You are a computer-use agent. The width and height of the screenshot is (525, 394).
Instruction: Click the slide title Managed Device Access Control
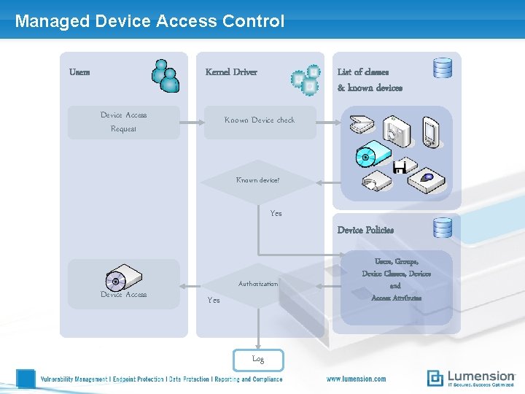coord(149,21)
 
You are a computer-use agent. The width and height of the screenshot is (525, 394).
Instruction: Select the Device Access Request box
coord(123,122)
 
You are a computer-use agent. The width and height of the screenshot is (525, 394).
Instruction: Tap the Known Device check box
coord(259,121)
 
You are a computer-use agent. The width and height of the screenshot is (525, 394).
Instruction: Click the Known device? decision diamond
coord(257,180)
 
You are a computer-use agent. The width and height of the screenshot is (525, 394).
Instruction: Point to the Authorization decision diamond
coord(257,285)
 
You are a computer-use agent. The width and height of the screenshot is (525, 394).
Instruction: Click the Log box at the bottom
coord(257,359)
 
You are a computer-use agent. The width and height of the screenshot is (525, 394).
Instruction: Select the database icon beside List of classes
coord(443,68)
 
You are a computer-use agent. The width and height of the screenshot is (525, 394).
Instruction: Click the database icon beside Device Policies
coord(443,228)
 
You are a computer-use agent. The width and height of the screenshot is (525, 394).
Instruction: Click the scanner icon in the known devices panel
coord(362,124)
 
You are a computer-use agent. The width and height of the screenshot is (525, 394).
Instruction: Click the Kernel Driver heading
coord(231,72)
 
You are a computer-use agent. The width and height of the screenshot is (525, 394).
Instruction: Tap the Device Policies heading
coord(365,230)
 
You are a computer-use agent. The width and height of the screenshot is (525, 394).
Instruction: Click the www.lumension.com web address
coord(356,379)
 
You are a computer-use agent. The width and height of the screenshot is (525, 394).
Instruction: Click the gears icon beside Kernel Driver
coord(306,80)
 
